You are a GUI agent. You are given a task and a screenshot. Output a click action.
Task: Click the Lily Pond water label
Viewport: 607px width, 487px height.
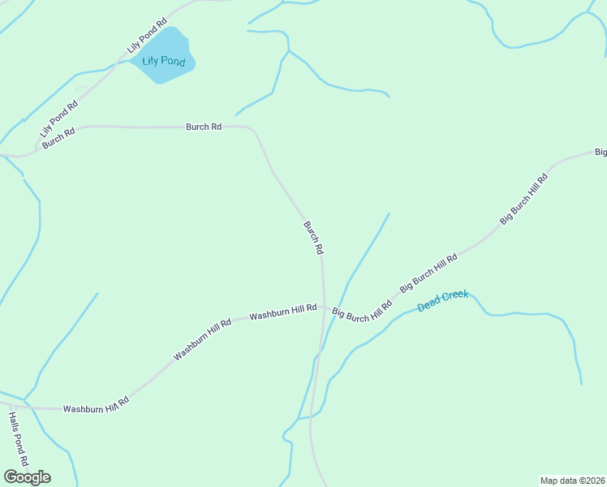(x=163, y=62)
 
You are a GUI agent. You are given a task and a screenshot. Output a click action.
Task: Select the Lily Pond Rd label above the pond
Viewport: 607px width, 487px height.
(x=147, y=37)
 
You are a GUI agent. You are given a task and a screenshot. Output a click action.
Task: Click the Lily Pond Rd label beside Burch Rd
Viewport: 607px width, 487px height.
(x=59, y=119)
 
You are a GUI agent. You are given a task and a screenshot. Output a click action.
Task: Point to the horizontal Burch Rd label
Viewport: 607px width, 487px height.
(x=204, y=127)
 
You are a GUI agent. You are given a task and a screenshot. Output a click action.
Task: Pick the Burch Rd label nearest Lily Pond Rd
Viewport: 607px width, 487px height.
(x=58, y=137)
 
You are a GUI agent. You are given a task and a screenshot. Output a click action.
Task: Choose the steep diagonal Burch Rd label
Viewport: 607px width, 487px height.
(x=313, y=238)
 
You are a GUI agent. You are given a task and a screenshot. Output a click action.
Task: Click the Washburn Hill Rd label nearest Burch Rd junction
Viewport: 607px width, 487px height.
(x=282, y=312)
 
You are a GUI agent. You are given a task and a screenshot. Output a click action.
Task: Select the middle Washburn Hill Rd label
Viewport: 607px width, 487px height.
(x=202, y=339)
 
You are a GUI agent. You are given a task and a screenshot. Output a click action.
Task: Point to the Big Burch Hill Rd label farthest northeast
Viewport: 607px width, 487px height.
(x=524, y=198)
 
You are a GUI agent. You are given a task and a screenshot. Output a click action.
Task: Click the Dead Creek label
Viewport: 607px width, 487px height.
(x=443, y=301)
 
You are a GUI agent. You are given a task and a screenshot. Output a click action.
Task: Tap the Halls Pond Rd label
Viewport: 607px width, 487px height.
(x=19, y=439)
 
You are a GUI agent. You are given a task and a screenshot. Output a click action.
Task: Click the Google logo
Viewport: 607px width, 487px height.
(x=27, y=477)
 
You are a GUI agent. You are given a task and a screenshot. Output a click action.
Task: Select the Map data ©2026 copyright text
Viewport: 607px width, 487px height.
(x=573, y=481)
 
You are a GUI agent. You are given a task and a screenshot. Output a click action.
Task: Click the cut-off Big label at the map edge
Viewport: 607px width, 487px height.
(x=601, y=152)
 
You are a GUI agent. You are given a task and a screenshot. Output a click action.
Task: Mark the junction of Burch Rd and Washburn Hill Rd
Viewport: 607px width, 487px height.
(x=325, y=308)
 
